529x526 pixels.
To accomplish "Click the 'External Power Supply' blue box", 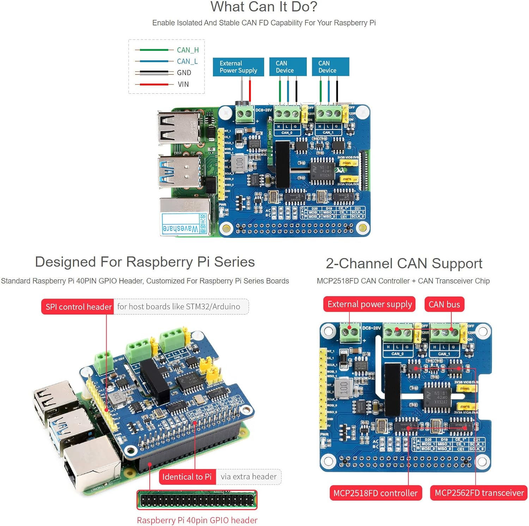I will [238, 67].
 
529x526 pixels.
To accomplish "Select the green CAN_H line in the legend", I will [154, 50].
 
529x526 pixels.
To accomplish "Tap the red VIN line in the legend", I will [154, 84].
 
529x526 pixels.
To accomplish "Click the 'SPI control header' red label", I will [78, 307].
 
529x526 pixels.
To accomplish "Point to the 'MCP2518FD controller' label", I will [375, 493].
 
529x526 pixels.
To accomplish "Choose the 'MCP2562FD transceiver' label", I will [479, 493].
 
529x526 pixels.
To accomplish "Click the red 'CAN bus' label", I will [444, 304].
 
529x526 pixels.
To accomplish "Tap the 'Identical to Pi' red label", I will [187, 477].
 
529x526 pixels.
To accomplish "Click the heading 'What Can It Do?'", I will [264, 7].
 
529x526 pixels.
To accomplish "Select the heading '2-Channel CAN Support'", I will [404, 264].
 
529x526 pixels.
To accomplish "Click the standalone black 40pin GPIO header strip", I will [197, 500].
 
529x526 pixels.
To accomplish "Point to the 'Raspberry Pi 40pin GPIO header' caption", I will [197, 520].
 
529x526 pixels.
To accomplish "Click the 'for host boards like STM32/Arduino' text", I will [179, 306].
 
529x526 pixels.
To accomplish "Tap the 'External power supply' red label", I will [369, 304].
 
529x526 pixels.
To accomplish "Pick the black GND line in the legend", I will [154, 73].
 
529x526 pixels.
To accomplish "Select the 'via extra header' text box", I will [248, 477].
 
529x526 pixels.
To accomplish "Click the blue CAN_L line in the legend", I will [154, 61].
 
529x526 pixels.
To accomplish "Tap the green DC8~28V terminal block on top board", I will [245, 114].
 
